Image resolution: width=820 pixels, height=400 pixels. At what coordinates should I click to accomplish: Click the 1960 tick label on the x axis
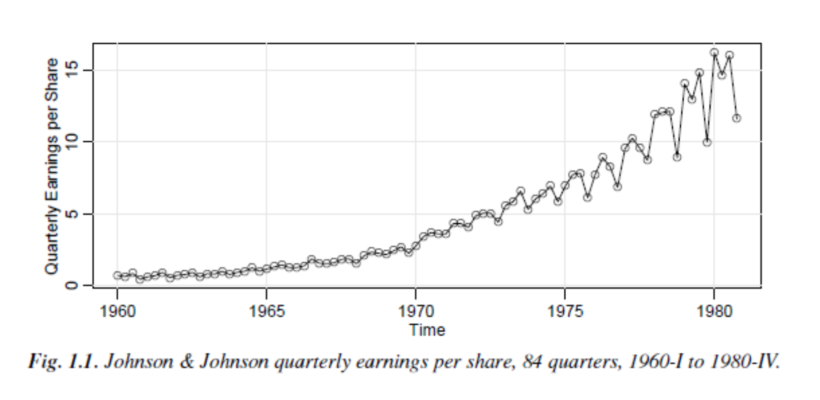click(x=117, y=311)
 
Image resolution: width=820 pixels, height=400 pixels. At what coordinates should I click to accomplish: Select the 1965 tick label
click(x=266, y=311)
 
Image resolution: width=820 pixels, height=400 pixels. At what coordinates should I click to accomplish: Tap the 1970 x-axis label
click(x=416, y=311)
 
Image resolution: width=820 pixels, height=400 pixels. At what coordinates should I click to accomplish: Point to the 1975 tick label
click(x=565, y=311)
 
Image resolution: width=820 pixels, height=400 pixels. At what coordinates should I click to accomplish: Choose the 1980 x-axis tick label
click(x=714, y=311)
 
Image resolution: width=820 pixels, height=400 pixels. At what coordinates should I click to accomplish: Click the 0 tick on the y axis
click(x=71, y=285)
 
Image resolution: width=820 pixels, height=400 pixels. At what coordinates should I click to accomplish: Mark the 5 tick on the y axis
click(x=71, y=214)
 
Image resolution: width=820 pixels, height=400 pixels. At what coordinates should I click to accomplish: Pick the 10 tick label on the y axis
click(x=71, y=142)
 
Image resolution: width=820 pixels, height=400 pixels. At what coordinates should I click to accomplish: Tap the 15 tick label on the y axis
click(x=71, y=70)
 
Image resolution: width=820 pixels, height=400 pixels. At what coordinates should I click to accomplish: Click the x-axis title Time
click(x=427, y=330)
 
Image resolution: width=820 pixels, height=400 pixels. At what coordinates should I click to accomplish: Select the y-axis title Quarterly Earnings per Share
click(x=52, y=166)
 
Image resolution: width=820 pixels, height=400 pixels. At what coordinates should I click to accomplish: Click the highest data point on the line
click(x=714, y=53)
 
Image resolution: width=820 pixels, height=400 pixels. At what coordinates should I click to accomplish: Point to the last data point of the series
click(x=737, y=118)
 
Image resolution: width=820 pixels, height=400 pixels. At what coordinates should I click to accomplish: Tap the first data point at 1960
click(x=117, y=276)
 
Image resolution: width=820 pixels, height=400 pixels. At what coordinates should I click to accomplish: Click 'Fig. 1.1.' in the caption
click(x=63, y=361)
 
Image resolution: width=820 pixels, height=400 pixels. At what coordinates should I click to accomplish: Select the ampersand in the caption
click(x=187, y=361)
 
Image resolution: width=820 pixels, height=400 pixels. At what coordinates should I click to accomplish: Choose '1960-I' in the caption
click(x=655, y=361)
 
